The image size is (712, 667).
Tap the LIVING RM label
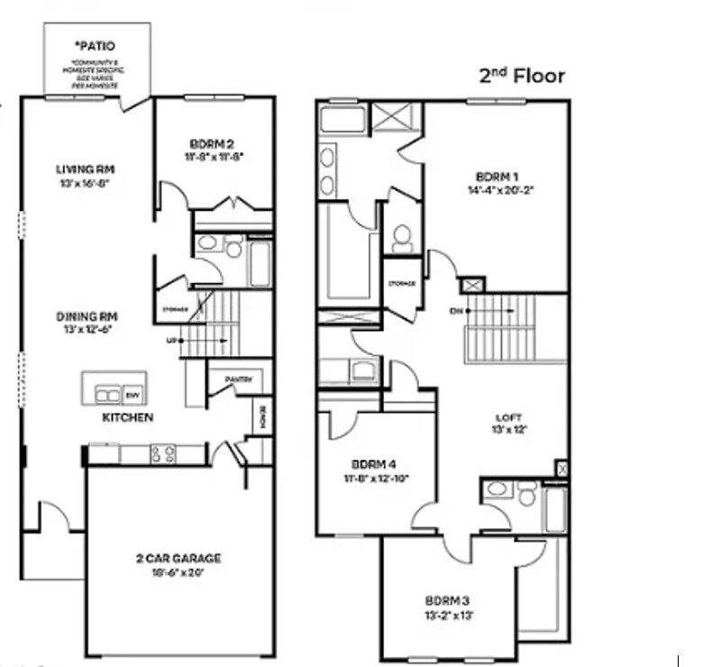click(89, 169)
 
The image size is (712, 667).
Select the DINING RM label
click(88, 316)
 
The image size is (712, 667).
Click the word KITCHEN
click(127, 418)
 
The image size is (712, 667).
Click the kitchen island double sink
click(109, 395)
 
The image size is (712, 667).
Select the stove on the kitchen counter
click(163, 454)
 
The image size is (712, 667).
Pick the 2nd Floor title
click(523, 76)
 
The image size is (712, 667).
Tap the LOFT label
click(510, 417)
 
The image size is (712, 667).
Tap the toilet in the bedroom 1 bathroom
click(402, 237)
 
